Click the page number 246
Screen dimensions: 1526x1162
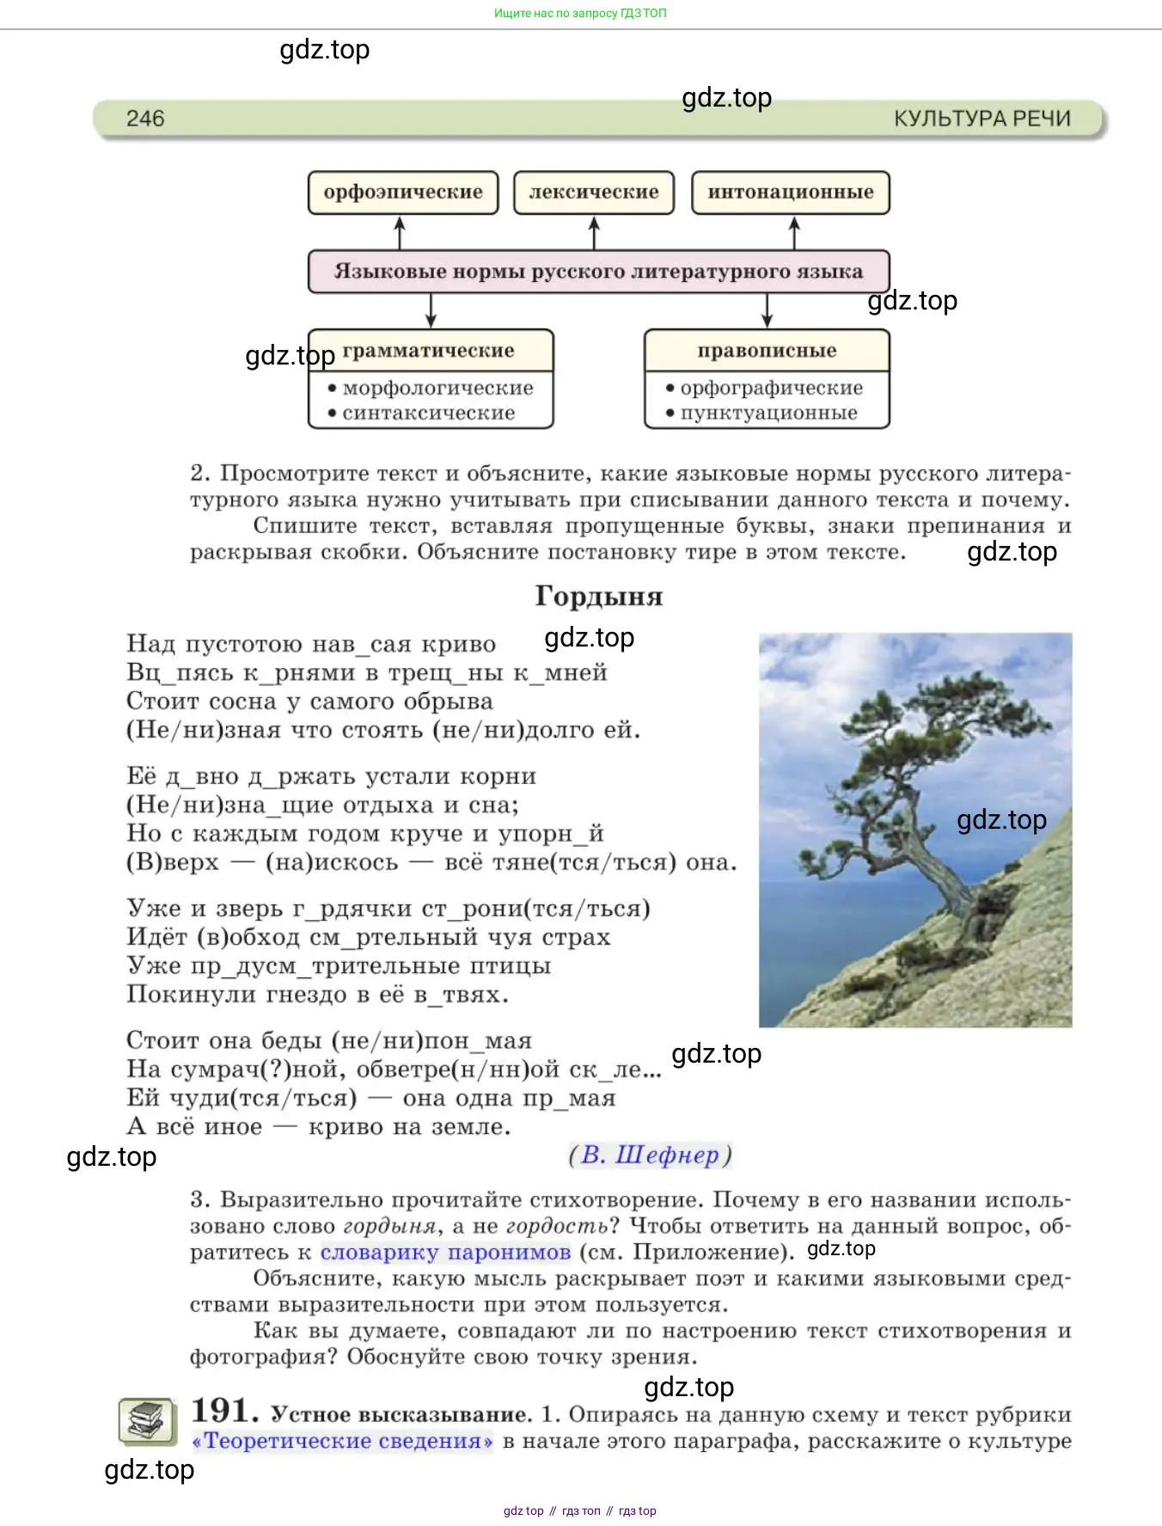(x=145, y=119)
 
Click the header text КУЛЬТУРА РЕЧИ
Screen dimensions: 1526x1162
(x=982, y=119)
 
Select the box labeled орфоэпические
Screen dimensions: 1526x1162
(x=403, y=193)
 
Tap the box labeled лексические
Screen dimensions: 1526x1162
(x=594, y=193)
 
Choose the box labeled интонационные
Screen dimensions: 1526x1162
(x=790, y=193)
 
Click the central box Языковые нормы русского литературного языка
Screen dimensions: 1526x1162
(x=598, y=272)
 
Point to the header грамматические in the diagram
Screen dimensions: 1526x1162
(x=429, y=351)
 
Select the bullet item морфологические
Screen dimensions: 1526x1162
(x=437, y=389)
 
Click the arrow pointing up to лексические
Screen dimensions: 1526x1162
(x=594, y=232)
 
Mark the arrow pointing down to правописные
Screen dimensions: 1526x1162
(x=768, y=310)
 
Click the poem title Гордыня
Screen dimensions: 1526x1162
(x=598, y=596)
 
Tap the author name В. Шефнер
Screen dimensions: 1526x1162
(x=650, y=1155)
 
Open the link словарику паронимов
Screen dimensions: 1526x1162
(x=445, y=1252)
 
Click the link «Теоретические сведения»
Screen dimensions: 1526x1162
(x=343, y=1441)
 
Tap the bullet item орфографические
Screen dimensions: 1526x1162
(x=771, y=389)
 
